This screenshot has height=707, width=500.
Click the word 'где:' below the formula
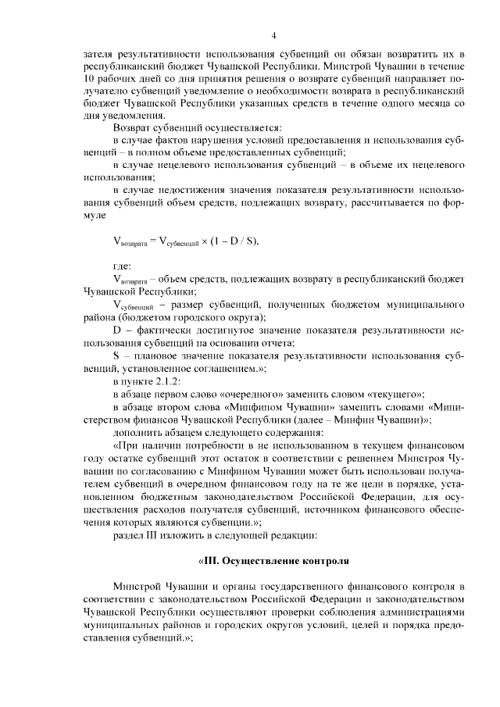tap(123, 266)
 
